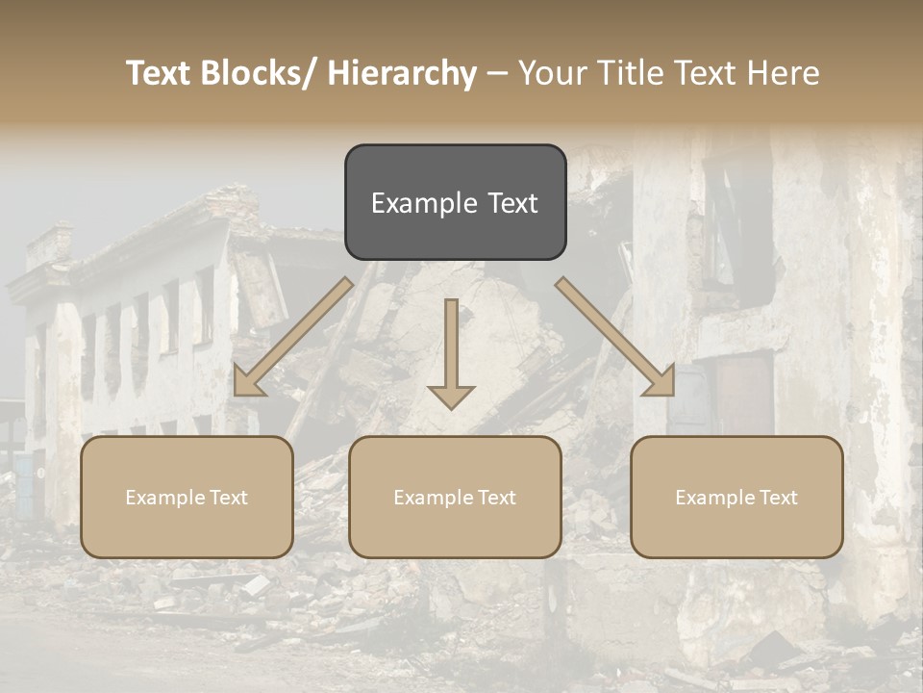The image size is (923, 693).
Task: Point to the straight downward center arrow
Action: click(x=451, y=351)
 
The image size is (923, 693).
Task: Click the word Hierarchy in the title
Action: click(x=402, y=74)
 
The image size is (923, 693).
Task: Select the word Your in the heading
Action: click(x=552, y=74)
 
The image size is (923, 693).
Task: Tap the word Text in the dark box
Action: click(x=512, y=203)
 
